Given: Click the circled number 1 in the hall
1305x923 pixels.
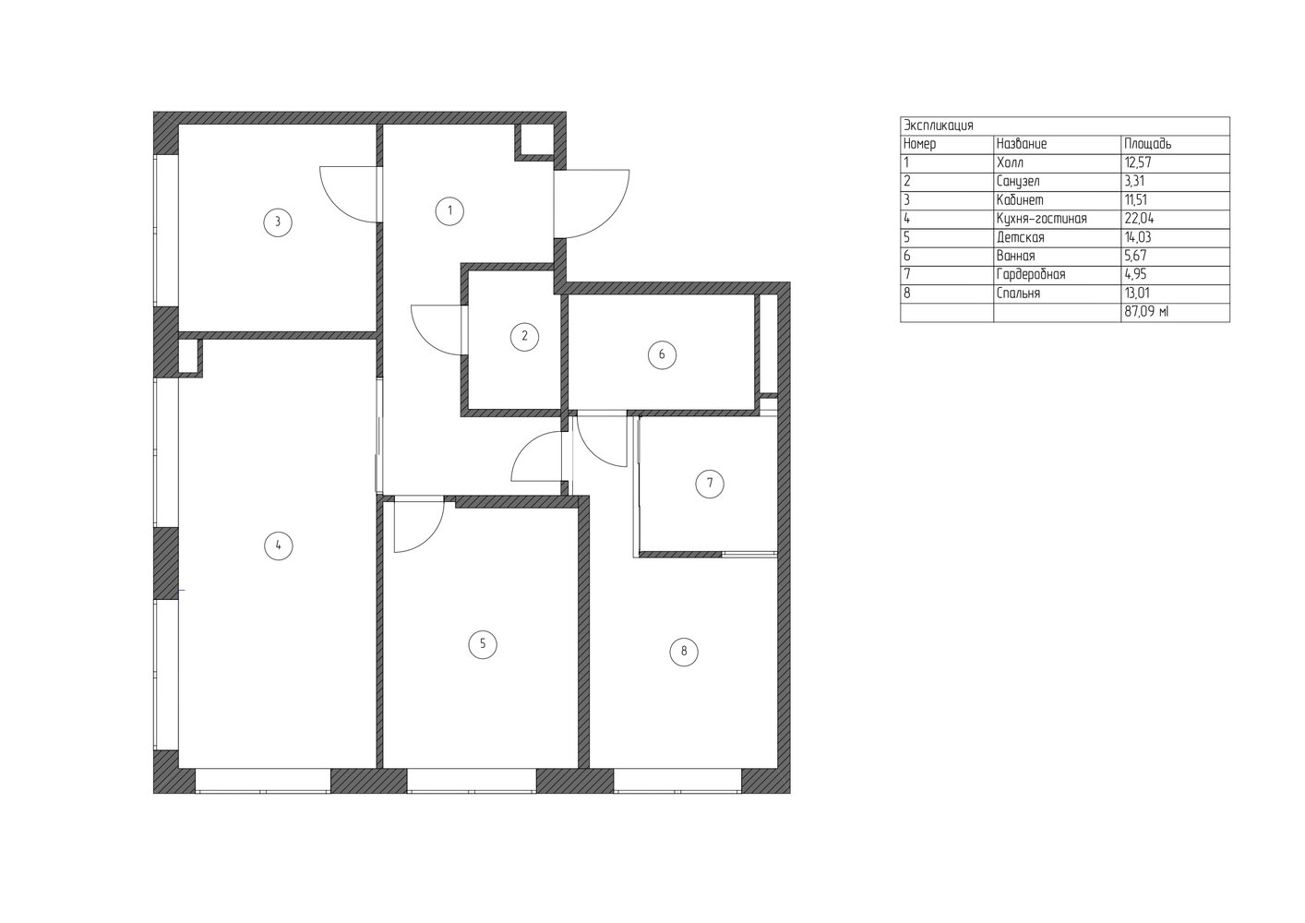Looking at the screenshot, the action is tap(449, 211).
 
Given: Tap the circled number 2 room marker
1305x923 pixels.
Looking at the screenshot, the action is tap(524, 336).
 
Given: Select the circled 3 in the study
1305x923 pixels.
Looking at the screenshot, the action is tap(278, 222).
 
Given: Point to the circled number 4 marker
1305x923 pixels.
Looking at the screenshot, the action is tap(279, 546).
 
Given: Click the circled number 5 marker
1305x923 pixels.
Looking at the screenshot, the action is tap(483, 644).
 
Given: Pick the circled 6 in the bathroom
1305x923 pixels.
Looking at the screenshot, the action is tap(662, 354).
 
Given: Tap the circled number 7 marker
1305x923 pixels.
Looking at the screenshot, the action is tap(710, 483).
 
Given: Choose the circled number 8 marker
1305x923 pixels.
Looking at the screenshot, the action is tap(684, 651).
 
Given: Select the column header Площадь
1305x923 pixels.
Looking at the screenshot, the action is tap(1148, 144).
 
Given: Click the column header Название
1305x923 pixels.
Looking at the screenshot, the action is tap(1022, 144).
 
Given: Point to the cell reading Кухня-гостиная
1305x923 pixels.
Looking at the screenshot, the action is tap(1042, 219).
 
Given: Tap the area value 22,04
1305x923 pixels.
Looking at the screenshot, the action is tap(1139, 219).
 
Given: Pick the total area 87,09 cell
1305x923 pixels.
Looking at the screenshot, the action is tap(1146, 312).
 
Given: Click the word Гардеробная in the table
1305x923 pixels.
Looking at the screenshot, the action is tap(1031, 274).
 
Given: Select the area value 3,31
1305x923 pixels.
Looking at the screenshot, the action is tap(1134, 181).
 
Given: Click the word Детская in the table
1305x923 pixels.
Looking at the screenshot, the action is tap(1020, 237).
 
